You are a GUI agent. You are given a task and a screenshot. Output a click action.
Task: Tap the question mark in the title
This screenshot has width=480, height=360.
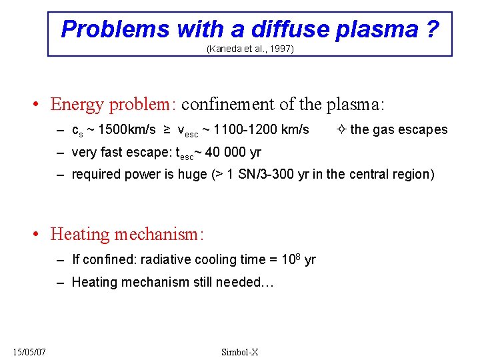(431, 29)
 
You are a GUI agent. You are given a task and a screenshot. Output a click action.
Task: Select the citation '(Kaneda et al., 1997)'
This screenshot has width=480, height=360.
(250, 49)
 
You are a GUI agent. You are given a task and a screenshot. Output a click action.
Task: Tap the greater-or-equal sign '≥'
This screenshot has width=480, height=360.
(167, 130)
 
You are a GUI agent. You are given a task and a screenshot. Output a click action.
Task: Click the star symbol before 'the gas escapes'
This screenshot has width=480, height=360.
(342, 130)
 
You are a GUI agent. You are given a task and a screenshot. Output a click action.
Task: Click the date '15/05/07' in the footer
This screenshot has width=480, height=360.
(29, 352)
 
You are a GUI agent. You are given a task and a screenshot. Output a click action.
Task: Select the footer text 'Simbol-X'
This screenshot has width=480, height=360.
(240, 352)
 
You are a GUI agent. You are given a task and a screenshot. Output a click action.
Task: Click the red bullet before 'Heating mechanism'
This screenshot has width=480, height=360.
(39, 235)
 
